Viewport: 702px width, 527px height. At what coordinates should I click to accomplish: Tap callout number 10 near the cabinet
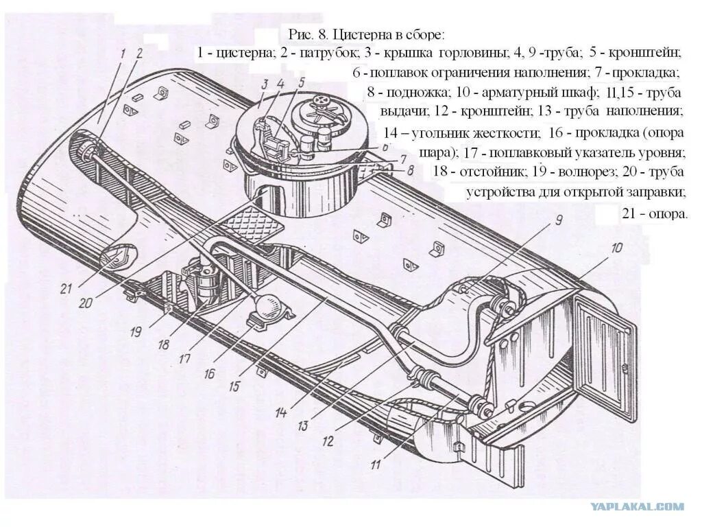pos(617,248)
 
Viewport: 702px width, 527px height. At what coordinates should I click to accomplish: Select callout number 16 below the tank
pos(209,373)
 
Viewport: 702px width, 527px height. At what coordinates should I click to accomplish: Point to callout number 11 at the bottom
pos(376,465)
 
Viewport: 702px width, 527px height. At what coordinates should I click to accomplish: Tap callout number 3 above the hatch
pos(263,84)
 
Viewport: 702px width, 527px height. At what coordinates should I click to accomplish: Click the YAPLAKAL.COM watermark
pos(637,506)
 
